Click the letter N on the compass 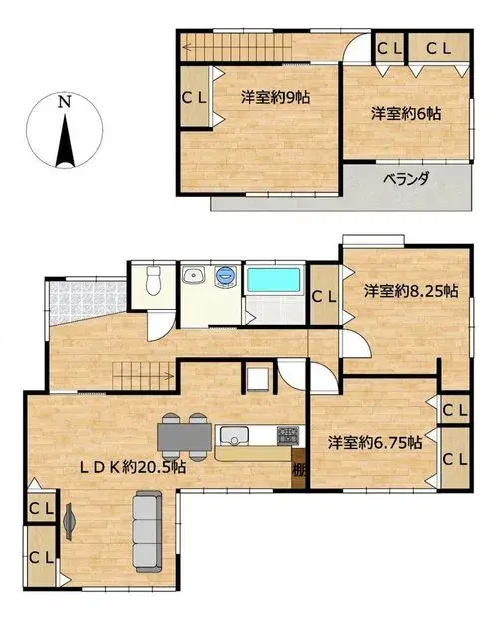coord(65,102)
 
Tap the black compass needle coord(65,140)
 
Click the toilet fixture coord(153,280)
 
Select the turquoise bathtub coord(273,280)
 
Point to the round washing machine coord(225,275)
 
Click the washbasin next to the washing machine coord(194,275)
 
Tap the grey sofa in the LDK coord(148,531)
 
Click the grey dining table coord(184,437)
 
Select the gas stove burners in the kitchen coord(288,435)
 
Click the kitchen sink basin coord(235,436)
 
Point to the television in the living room coord(69,521)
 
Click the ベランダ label coord(406,179)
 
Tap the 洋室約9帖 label coord(275,97)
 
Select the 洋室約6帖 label coord(406,114)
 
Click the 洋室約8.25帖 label coord(411,292)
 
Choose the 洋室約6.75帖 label coord(374,442)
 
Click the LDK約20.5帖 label coord(133,468)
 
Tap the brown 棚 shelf coord(299,469)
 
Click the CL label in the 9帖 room coord(194,98)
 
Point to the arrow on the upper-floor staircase coord(237,48)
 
